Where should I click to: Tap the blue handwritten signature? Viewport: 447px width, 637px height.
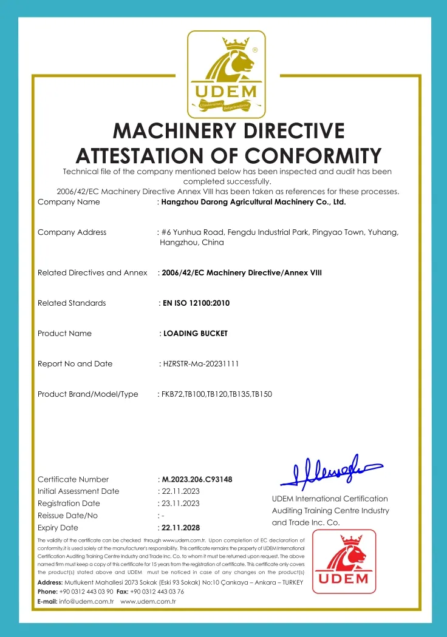tap(328, 470)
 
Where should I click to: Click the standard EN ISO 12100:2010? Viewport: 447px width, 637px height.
tap(196, 303)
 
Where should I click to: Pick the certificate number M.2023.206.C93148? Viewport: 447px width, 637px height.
tap(197, 479)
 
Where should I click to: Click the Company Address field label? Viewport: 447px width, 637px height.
tap(72, 232)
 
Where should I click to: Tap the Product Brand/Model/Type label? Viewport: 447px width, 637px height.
tap(88, 394)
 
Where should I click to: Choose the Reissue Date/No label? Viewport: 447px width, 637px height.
tap(67, 515)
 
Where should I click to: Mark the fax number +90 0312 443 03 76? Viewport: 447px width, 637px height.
tap(157, 591)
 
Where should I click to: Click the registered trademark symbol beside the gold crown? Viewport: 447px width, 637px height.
tap(254, 50)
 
